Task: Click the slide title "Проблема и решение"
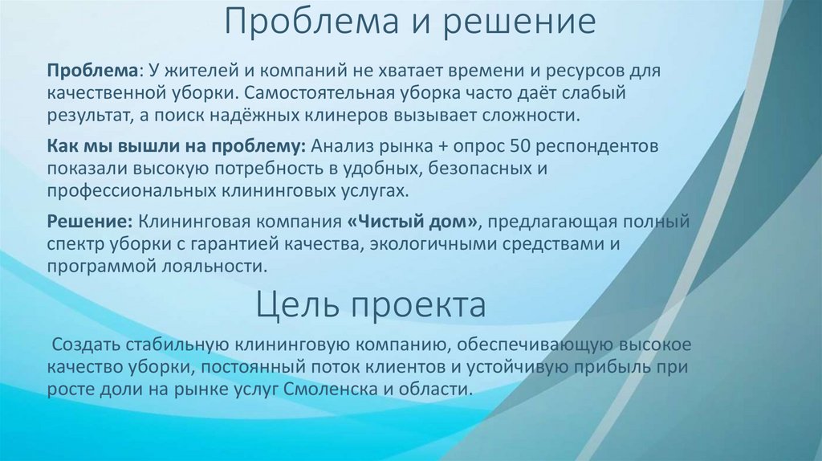pos(410,22)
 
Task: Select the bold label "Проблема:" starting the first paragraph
pos(94,71)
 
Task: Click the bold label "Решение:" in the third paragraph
pos(88,221)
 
